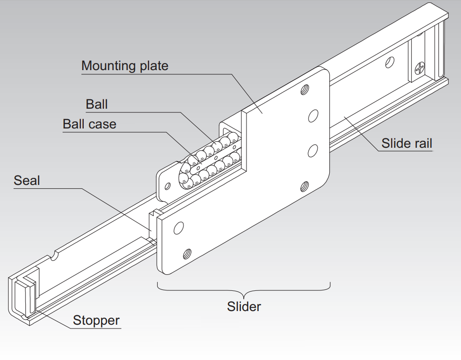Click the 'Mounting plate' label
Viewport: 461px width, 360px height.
point(125,65)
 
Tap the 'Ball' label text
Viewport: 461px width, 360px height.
point(96,104)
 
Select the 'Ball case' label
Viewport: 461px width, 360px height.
point(89,124)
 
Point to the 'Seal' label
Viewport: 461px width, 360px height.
point(27,180)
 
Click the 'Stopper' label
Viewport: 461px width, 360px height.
point(96,320)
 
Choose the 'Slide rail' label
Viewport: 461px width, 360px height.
point(406,143)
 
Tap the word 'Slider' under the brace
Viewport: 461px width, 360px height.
point(244,307)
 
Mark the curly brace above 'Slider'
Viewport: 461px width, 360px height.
point(244,288)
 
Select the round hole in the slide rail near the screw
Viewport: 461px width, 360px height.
point(389,63)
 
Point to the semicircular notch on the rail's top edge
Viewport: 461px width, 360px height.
point(55,255)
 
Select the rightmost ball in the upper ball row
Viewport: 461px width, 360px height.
point(232,138)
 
